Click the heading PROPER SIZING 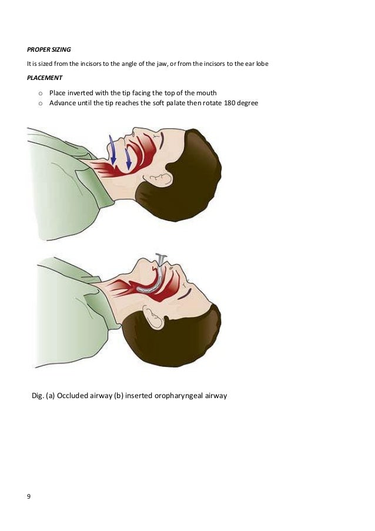[x=49, y=49]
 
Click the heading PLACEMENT [x=45, y=77]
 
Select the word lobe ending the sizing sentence [x=262, y=64]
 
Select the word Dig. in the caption [x=38, y=395]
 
